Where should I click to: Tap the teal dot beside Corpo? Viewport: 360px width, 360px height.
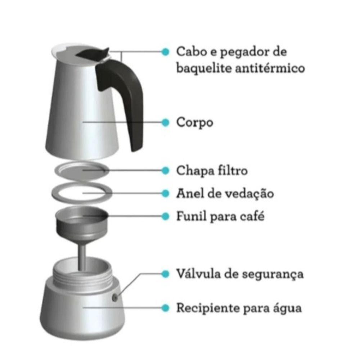click(x=165, y=122)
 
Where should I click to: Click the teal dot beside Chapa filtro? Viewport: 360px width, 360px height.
click(x=165, y=170)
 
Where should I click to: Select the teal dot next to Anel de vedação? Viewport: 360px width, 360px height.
click(x=165, y=194)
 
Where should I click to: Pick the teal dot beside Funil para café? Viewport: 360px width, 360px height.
click(x=165, y=216)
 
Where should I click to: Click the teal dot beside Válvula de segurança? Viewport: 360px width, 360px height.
click(x=165, y=274)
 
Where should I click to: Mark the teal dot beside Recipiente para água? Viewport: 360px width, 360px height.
click(x=165, y=308)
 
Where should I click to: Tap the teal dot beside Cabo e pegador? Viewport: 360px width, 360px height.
click(x=165, y=51)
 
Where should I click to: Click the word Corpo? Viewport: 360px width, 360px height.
click(x=194, y=123)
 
